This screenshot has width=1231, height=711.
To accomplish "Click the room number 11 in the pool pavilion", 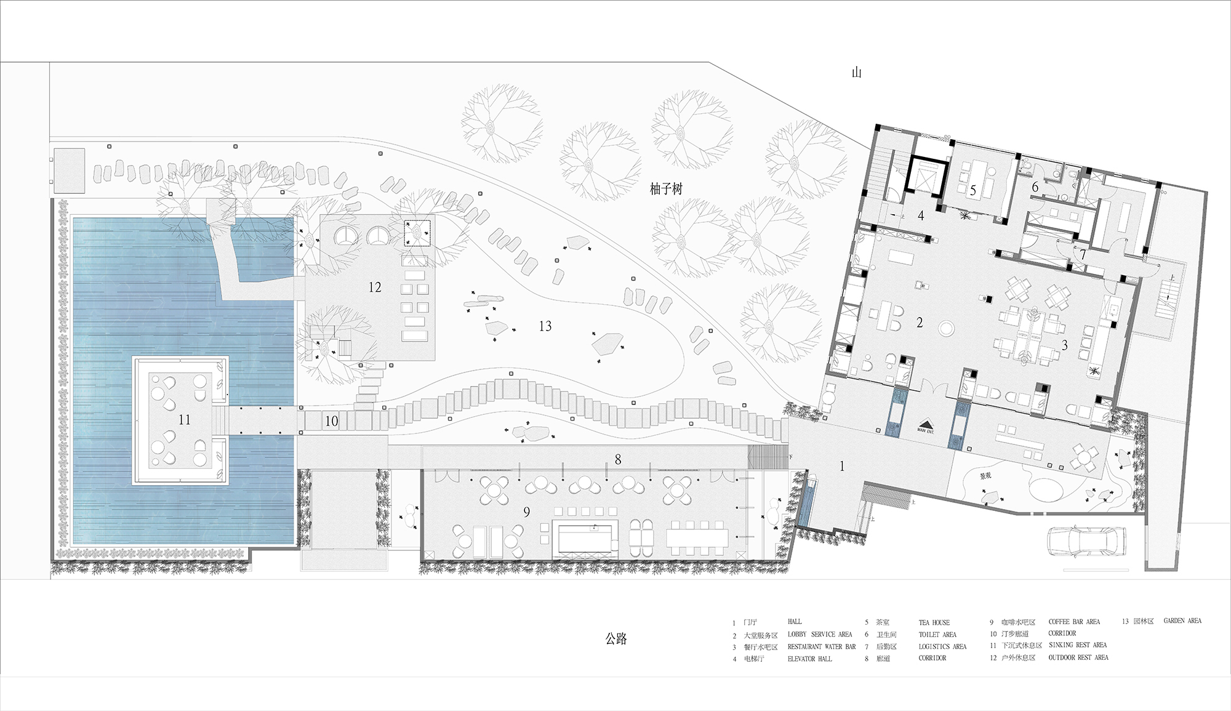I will (184, 420).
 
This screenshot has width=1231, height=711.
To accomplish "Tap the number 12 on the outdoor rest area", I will (375, 287).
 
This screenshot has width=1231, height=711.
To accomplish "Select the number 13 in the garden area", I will (545, 326).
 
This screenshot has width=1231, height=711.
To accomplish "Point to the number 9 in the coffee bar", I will (526, 512).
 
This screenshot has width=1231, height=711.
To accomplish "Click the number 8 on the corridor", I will (618, 459).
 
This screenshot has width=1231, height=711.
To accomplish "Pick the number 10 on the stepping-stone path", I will (331, 422).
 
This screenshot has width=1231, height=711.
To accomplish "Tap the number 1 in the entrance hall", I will (842, 467).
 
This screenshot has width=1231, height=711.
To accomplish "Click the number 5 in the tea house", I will (972, 191).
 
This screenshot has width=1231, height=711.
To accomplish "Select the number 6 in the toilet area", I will (1035, 187).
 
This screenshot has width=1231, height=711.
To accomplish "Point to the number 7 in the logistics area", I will (1083, 254).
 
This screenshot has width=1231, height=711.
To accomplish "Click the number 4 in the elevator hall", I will (921, 215).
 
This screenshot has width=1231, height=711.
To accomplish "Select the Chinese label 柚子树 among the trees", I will (666, 189).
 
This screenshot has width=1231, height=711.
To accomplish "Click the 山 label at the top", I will (856, 73).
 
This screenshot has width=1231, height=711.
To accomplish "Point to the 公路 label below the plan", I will (615, 639).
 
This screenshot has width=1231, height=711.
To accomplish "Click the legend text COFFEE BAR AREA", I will (1074, 622).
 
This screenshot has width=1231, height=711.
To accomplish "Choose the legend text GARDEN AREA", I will (1182, 621).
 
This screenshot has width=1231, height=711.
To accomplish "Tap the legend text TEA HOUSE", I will (934, 622).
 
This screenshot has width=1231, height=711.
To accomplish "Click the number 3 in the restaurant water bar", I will (1064, 345).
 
